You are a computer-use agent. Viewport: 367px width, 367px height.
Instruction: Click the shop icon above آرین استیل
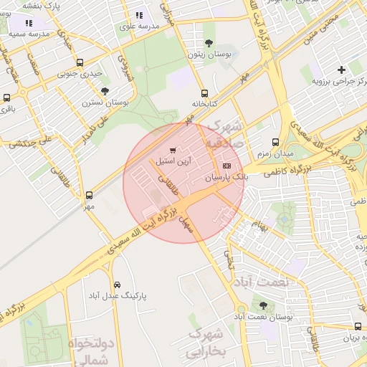point(172,151)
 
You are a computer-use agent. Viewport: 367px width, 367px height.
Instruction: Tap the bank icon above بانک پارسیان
point(228,166)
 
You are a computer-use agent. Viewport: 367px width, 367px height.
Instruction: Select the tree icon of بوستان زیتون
point(209,43)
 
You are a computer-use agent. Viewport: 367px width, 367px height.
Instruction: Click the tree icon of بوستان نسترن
point(105,91)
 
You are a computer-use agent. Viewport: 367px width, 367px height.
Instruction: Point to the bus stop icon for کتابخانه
point(205,93)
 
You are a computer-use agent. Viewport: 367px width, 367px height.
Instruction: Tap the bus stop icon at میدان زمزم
point(276,142)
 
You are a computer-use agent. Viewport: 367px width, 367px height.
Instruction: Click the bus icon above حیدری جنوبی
point(80,62)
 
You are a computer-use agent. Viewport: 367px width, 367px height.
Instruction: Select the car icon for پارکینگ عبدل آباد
point(118,284)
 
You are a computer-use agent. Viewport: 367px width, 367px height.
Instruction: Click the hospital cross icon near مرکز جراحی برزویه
point(341,70)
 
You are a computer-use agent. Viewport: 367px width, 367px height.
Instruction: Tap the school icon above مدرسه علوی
point(139,15)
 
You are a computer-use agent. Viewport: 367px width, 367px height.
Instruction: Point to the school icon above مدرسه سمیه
point(29,24)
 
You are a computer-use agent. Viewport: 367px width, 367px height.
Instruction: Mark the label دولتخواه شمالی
point(91,351)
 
